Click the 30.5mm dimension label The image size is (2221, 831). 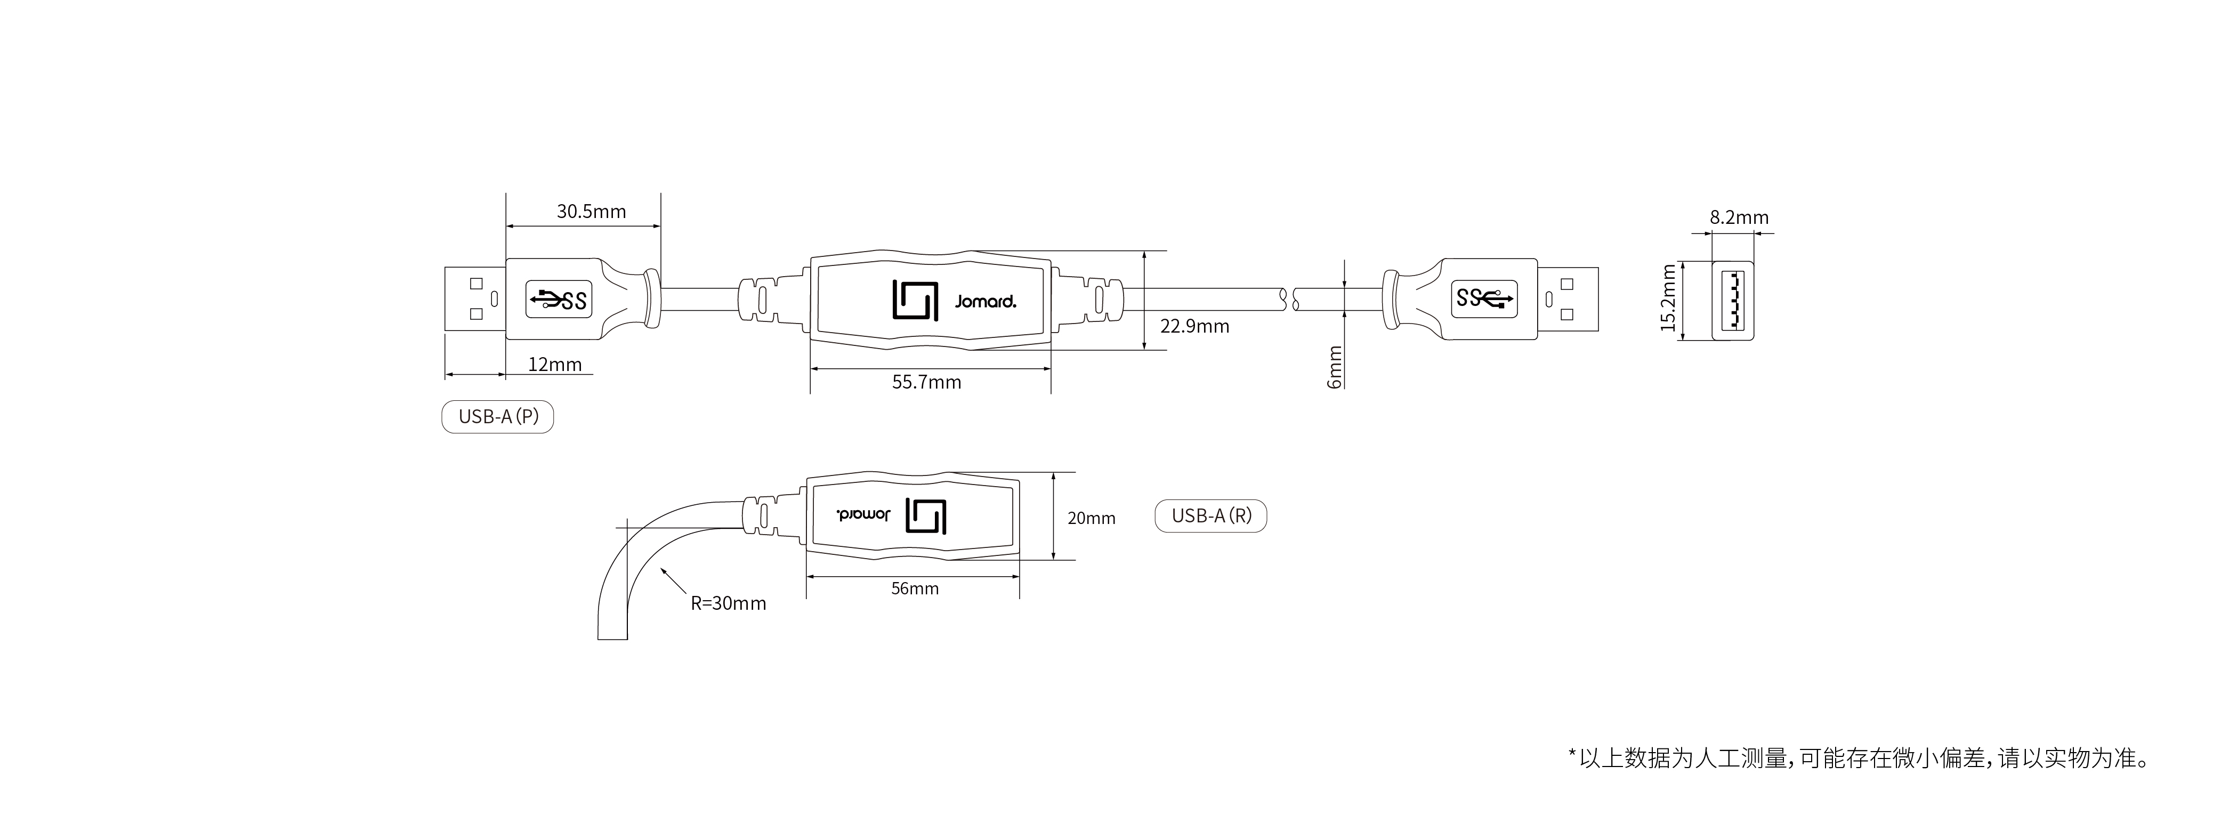pyautogui.click(x=592, y=211)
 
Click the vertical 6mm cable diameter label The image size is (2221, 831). pyautogui.click(x=1335, y=367)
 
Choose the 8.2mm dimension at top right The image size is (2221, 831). pyautogui.click(x=1739, y=217)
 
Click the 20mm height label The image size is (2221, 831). pyautogui.click(x=1092, y=518)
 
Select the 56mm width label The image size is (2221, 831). pyautogui.click(x=915, y=589)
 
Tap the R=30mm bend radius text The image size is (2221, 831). pyautogui.click(x=729, y=603)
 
